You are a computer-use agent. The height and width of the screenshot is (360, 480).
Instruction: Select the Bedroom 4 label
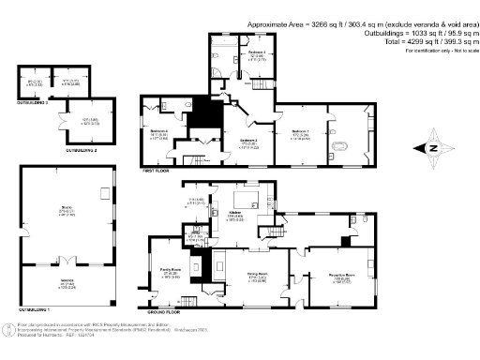(158, 133)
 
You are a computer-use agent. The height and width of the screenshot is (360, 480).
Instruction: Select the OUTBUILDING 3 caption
(37, 116)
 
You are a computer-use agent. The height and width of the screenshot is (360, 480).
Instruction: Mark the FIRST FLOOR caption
(155, 172)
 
